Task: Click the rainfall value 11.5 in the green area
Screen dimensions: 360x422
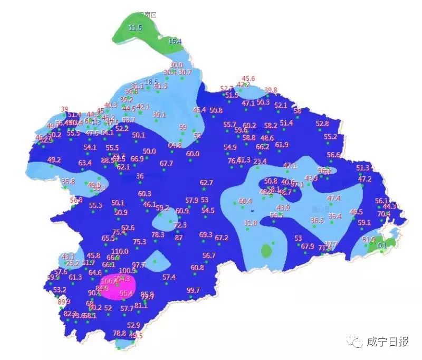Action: (136, 27)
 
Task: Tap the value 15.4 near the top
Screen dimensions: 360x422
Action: (175, 41)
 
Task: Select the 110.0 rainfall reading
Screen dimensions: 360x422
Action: (120, 251)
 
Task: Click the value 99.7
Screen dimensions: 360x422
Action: (194, 290)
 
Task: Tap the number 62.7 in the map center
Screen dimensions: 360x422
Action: (206, 183)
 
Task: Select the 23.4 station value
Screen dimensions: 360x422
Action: (260, 162)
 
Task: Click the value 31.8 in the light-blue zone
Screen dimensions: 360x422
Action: (250, 223)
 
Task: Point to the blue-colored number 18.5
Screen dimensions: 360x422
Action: (151, 82)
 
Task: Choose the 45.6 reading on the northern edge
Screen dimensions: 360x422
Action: (248, 79)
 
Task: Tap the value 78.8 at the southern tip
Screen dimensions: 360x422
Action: (120, 333)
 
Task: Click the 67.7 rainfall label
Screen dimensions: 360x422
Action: (166, 164)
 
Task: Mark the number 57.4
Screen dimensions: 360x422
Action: (169, 277)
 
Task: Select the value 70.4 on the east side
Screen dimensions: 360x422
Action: (383, 214)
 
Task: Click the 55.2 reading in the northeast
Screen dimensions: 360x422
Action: (330, 137)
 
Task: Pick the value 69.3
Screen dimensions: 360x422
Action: (206, 234)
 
